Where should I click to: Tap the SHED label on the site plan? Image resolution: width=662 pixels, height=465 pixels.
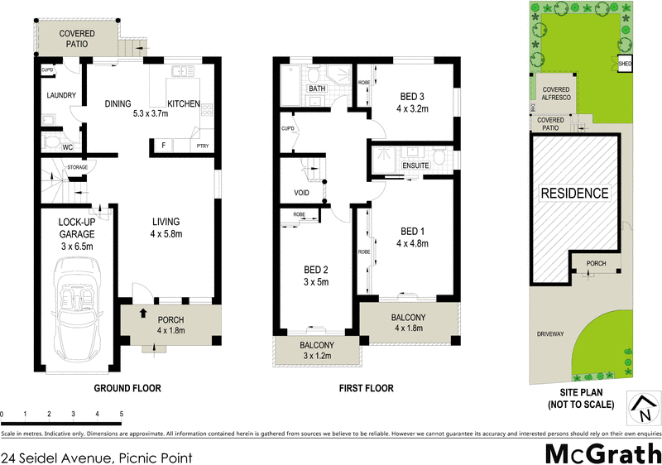point(626,61)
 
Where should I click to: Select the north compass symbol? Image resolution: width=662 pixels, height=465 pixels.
point(642,405)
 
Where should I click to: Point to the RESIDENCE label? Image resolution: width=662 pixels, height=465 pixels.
point(574,194)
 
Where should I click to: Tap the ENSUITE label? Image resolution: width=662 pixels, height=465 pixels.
point(415,165)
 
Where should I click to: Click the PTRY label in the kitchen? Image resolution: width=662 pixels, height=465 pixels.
point(203,146)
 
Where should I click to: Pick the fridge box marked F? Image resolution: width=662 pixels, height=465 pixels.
point(164,146)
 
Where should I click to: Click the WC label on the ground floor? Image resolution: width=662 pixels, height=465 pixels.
point(68,147)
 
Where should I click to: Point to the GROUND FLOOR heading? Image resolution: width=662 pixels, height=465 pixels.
point(127,388)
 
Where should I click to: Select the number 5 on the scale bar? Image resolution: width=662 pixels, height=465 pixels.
point(122,413)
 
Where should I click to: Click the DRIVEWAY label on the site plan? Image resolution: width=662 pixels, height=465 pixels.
point(550,334)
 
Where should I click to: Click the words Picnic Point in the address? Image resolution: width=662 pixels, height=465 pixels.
point(156,456)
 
